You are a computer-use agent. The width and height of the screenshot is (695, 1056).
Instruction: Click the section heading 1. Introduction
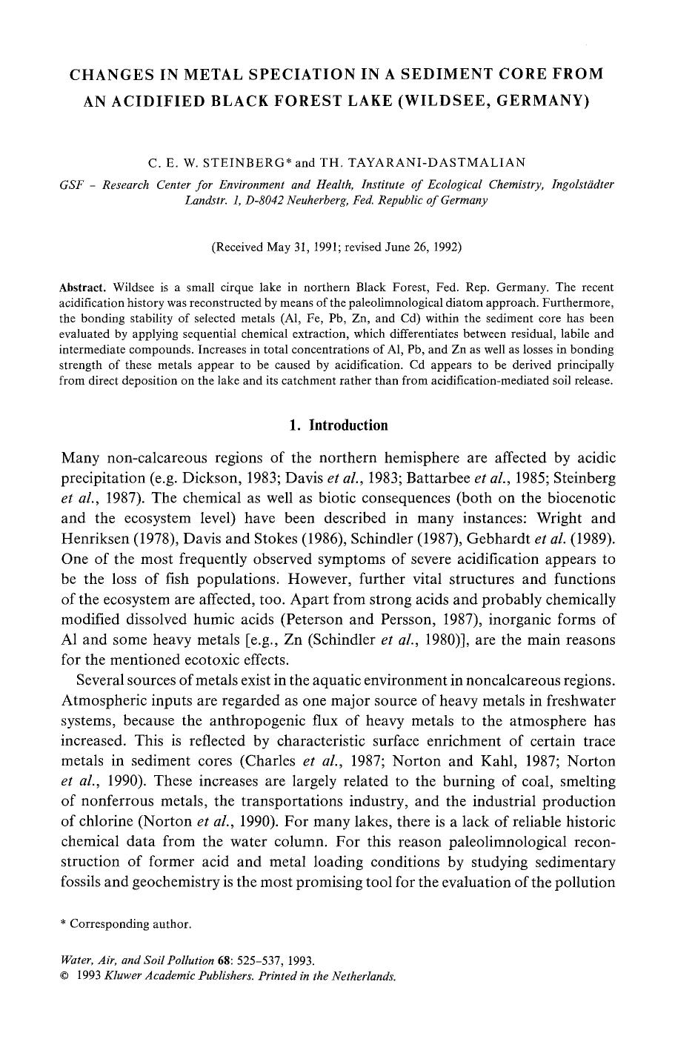point(338,425)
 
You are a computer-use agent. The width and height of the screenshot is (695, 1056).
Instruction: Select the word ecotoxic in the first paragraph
point(203,660)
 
